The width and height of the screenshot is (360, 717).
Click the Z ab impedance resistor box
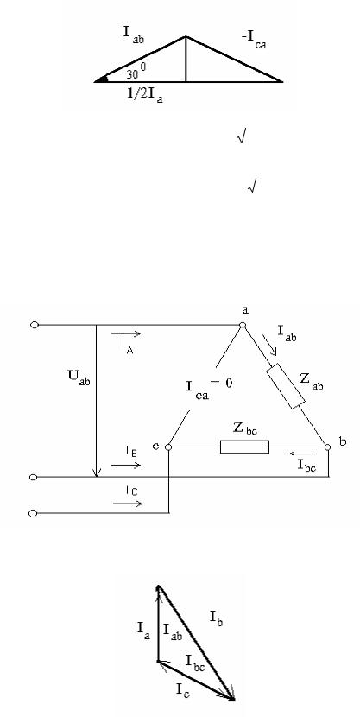click(x=286, y=386)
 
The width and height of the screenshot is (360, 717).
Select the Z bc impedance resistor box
click(x=244, y=447)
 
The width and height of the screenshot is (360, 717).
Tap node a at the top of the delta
click(x=243, y=325)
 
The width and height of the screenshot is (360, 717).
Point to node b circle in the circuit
click(x=327, y=447)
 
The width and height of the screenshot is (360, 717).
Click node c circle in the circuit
click(x=168, y=447)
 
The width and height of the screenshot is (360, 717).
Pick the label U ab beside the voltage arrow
click(x=79, y=379)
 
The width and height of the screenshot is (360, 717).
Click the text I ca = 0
click(x=209, y=388)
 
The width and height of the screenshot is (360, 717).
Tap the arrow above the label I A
click(x=126, y=333)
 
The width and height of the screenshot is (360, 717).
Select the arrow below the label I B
click(x=126, y=465)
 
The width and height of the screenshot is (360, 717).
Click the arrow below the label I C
click(x=128, y=504)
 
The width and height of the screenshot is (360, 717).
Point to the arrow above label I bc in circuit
click(x=302, y=454)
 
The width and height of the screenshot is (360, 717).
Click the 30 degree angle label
click(x=136, y=72)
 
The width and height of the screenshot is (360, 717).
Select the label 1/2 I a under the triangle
click(x=145, y=96)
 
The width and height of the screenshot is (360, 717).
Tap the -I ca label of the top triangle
click(x=254, y=41)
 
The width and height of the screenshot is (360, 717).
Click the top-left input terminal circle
click(x=35, y=325)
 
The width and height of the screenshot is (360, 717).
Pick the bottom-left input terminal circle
click(x=33, y=513)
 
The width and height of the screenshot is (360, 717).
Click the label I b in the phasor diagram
click(x=217, y=619)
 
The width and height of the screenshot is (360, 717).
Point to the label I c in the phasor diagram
click(x=183, y=689)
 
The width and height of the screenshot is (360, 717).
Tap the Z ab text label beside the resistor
click(x=311, y=381)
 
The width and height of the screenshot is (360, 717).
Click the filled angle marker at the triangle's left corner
click(x=101, y=79)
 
